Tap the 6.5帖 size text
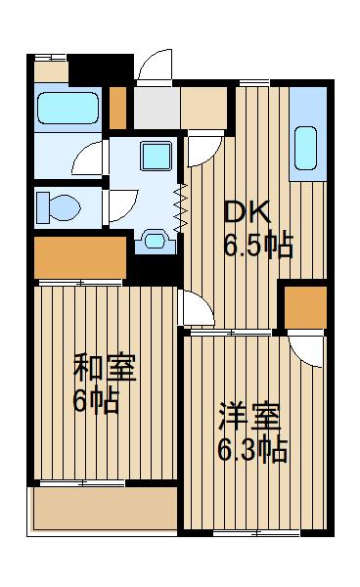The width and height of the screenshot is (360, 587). [258, 245]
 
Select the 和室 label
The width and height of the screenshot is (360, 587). [106, 370]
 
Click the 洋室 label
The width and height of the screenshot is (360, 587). [248, 418]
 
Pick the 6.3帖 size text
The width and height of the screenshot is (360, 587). [251, 451]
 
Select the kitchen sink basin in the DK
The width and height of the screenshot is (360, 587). [306, 147]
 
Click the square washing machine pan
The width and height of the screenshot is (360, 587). [154, 155]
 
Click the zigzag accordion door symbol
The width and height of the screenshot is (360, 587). [181, 207]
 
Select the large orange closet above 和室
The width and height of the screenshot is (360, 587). [79, 256]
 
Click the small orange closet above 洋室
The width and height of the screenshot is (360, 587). [302, 307]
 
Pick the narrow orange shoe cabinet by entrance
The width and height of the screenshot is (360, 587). [118, 109]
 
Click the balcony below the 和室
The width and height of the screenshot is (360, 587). [105, 510]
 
